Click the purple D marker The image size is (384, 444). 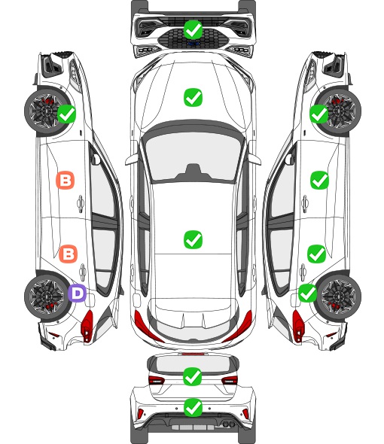pos(77,293)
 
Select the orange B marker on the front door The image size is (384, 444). pos(66,180)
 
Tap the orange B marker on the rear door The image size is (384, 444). pos(68,254)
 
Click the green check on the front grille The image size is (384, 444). pos(193,29)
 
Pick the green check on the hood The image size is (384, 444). pos(193,97)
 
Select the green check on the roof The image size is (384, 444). pos(193,239)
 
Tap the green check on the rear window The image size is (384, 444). pos(193,376)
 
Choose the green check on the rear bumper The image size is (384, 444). pos(193,408)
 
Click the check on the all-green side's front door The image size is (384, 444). pos(319,180)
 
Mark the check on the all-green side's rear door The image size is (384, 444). pos(316,254)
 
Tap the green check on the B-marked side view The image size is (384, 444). pos(66,114)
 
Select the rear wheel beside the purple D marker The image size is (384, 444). pos(45,297)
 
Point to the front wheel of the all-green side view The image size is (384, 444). pos(340,111)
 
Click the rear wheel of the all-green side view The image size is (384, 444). pos(340,297)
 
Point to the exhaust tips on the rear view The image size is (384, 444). pos(229,424)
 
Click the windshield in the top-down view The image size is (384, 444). pos(193,157)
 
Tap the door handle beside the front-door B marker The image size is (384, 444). pos(81,203)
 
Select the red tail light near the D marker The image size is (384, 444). pos(87,326)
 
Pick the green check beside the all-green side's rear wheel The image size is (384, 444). pos(307,293)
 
